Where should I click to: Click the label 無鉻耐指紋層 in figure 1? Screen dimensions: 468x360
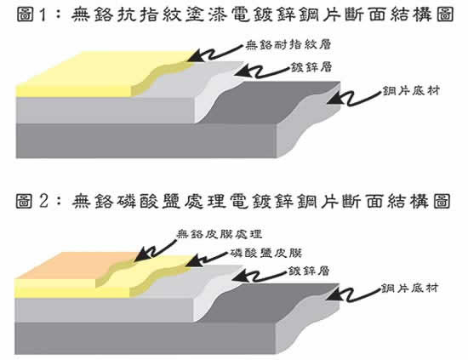(288, 45)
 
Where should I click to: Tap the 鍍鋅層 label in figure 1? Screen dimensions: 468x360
(311, 67)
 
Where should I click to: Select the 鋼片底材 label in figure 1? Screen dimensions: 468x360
(411, 91)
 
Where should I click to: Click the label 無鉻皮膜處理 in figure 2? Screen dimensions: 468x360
(220, 234)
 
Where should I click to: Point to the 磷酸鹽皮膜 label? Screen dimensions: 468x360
(266, 253)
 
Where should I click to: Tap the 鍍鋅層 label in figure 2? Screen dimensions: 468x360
(309, 271)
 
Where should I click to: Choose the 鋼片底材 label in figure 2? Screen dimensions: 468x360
(409, 289)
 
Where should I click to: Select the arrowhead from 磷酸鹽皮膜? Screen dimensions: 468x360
(193, 261)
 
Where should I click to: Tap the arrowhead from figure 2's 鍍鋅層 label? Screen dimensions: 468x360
(240, 276)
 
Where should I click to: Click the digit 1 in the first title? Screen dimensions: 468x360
(43, 15)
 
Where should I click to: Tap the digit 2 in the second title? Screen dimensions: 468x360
(43, 201)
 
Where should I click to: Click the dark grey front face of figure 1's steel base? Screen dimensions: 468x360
(146, 140)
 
